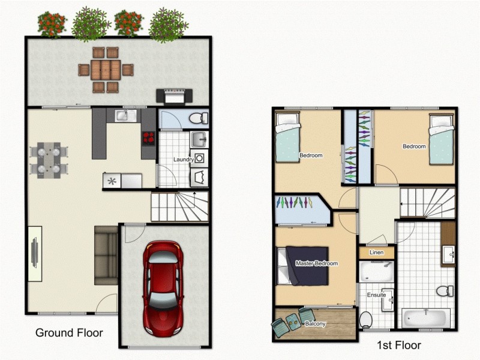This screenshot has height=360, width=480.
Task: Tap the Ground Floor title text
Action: (x=69, y=332)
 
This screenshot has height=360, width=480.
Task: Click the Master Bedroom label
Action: (x=316, y=263)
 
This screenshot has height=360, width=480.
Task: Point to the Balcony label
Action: (x=315, y=324)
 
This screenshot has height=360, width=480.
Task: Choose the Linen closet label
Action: (x=376, y=253)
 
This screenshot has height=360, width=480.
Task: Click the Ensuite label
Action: (x=376, y=295)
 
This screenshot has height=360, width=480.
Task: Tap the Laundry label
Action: (x=183, y=160)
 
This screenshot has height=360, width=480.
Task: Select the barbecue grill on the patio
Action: (x=175, y=95)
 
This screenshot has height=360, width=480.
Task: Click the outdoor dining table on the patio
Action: (x=106, y=70)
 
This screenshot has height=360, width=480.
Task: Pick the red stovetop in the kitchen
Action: (x=148, y=139)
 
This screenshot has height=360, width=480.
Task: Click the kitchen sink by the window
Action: (x=127, y=115)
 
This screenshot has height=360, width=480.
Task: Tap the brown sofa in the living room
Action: (x=106, y=256)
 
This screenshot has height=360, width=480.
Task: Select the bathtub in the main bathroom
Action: (x=425, y=317)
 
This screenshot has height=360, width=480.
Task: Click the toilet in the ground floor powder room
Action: (x=198, y=119)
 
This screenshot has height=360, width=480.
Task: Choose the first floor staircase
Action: (x=427, y=202)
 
